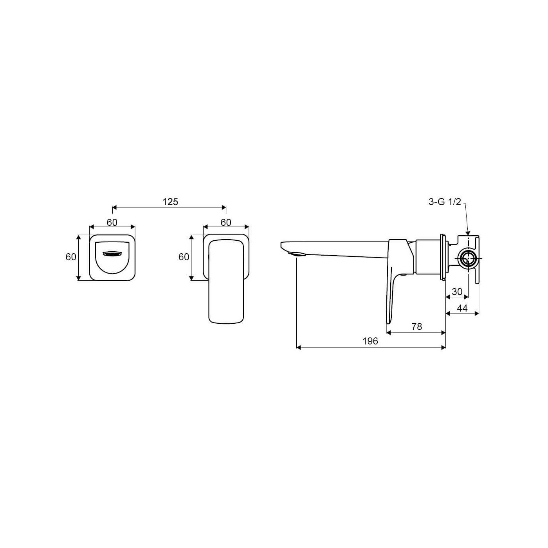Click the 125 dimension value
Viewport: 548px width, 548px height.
(170, 202)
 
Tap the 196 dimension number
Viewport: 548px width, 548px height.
(370, 341)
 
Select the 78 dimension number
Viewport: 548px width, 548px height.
(416, 326)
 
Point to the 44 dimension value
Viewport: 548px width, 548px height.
(462, 308)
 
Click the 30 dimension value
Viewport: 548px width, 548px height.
(457, 292)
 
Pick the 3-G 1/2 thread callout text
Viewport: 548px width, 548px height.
(445, 202)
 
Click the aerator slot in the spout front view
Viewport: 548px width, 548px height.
(112, 254)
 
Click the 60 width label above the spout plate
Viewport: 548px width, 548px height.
(112, 222)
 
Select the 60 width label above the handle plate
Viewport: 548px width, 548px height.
(226, 222)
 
